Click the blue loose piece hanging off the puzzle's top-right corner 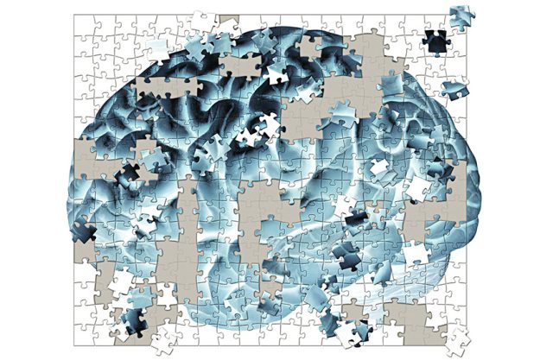tap(460, 15)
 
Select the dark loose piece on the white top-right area tap(434, 40)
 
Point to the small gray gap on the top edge tap(227, 19)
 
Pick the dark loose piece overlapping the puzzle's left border tap(84, 231)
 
